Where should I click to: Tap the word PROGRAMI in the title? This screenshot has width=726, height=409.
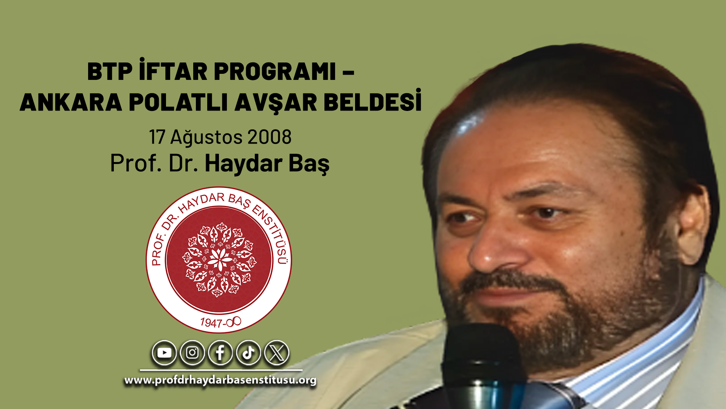pos(275,71)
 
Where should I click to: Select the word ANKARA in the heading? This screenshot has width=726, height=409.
pos(71,102)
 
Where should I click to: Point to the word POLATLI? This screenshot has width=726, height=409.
pos(178,102)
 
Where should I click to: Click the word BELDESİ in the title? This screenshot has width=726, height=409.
pos(372,100)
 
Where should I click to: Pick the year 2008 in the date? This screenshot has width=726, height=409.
pos(270,137)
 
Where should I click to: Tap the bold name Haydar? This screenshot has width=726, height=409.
pos(244,164)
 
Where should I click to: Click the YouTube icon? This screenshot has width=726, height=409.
pos(164,353)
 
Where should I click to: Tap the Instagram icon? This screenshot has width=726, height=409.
pos(192,353)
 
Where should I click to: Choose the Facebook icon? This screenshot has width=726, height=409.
pos(220,353)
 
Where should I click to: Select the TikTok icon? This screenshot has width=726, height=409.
pos(248,353)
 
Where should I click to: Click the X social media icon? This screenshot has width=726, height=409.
pos(277,353)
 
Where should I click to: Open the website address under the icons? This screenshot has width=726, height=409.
pos(220,380)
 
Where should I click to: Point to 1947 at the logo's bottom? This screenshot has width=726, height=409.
pos(211,323)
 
